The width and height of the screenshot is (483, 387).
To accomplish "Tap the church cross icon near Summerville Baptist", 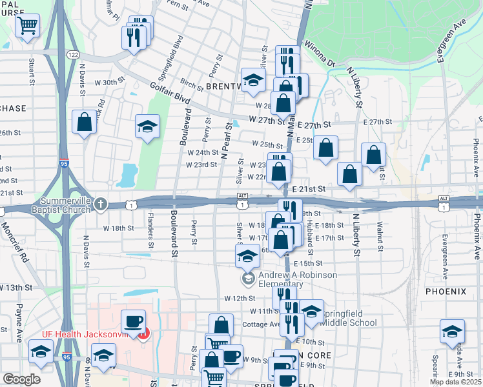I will (x=100, y=204).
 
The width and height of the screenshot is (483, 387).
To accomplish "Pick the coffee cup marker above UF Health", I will (x=134, y=321).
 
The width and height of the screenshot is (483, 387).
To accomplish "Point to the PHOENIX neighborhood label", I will (x=446, y=292).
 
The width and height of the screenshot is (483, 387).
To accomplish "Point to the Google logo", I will (x=21, y=379).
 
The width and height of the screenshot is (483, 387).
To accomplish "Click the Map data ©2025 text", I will (x=455, y=382).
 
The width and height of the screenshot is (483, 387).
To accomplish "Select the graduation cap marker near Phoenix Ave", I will (x=452, y=332).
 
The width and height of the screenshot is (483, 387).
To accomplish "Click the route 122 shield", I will (x=72, y=55).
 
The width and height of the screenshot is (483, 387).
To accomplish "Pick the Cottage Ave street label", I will (x=265, y=324).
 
